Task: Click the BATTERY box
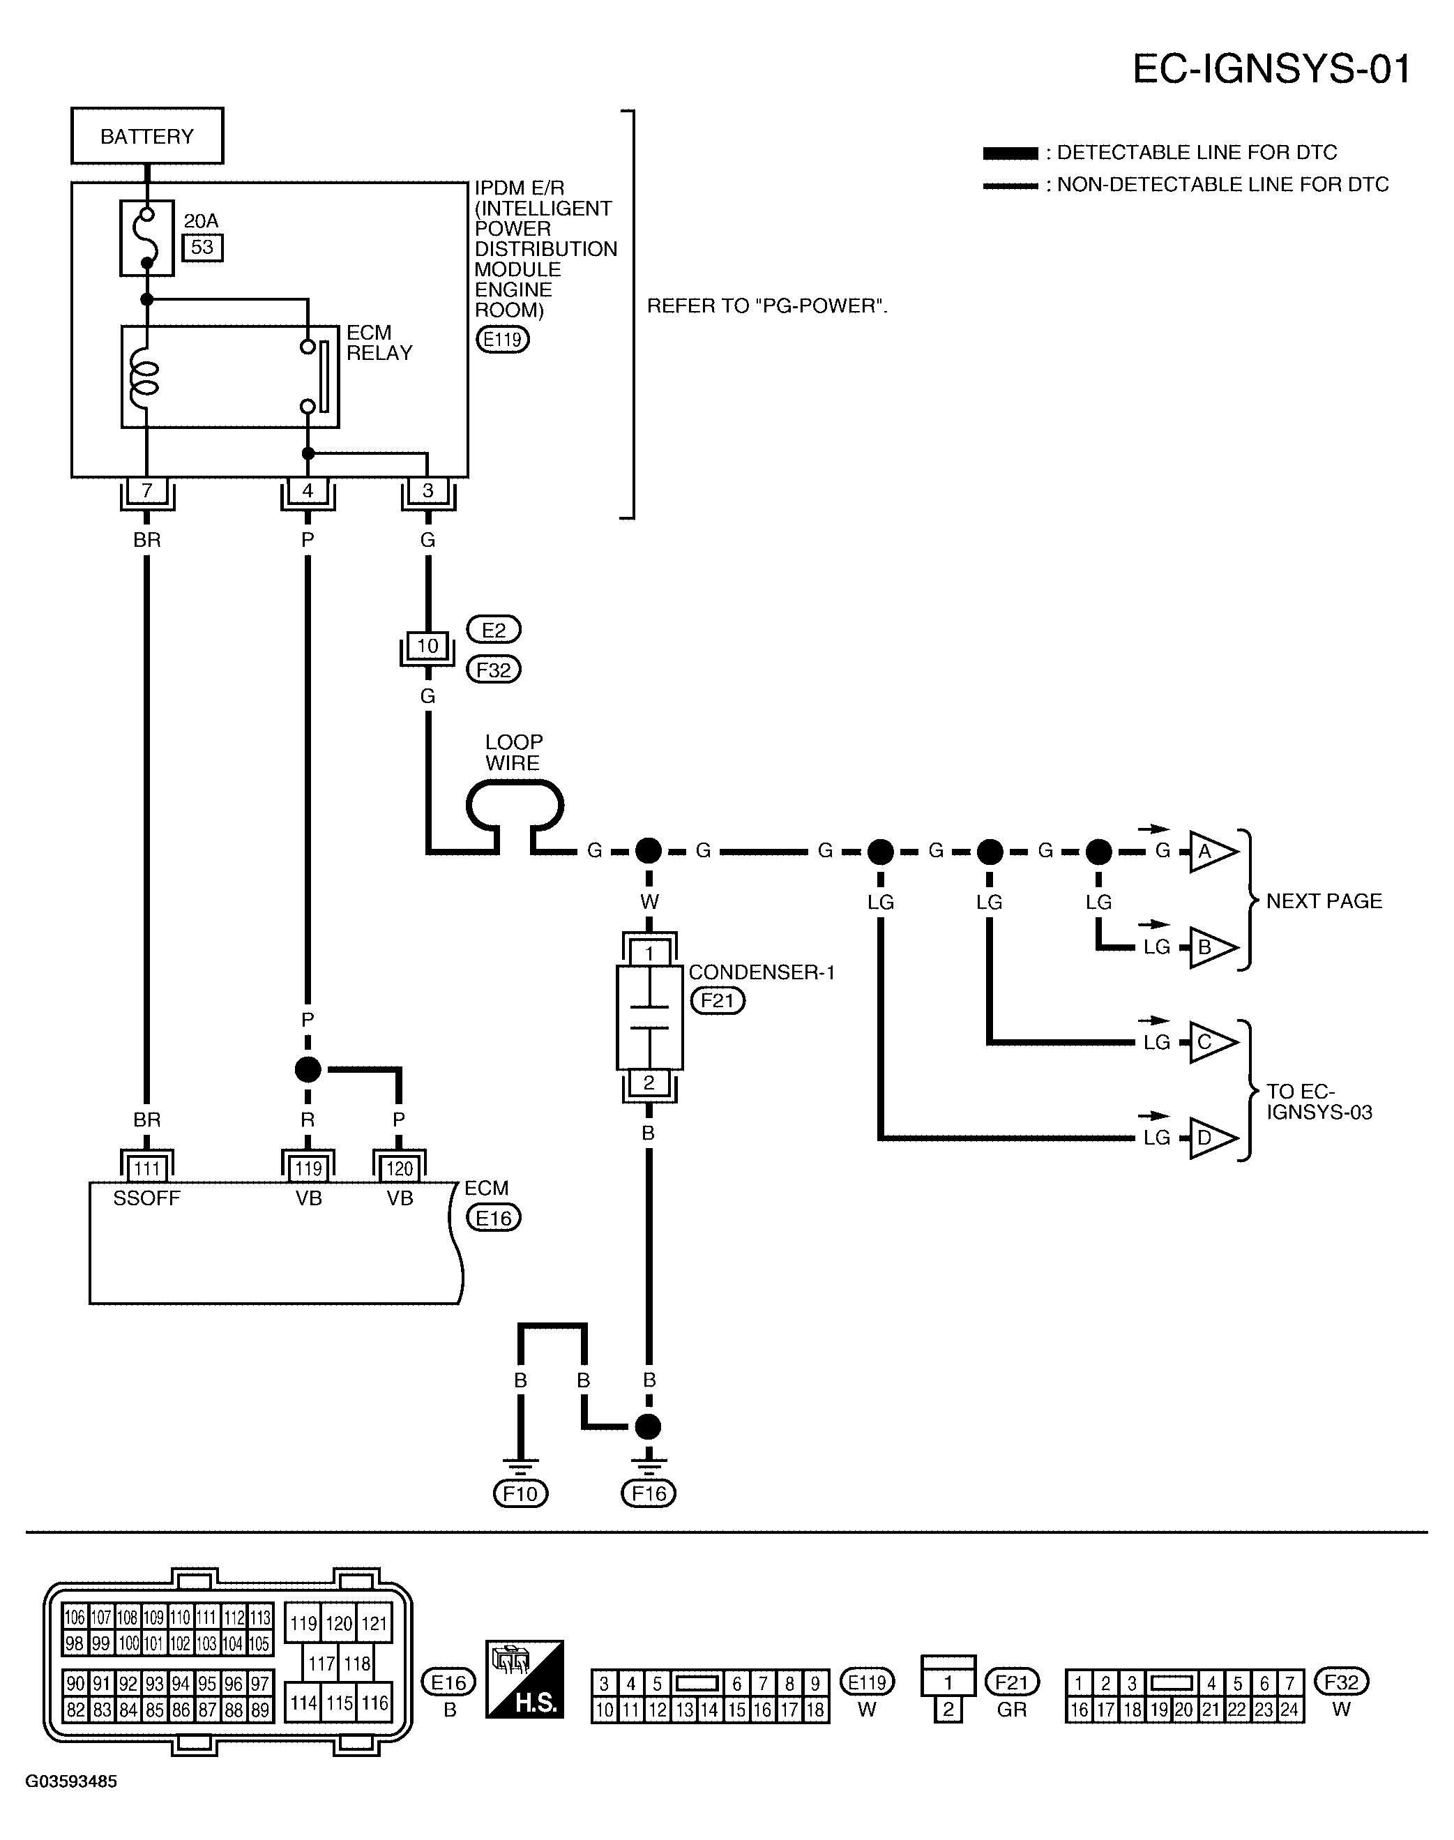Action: [146, 135]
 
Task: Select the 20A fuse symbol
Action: [146, 239]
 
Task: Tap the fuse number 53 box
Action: [203, 247]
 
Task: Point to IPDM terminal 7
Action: [146, 490]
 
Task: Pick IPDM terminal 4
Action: [308, 490]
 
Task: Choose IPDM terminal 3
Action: [427, 490]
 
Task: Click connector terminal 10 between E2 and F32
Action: [427, 645]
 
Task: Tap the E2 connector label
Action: [494, 630]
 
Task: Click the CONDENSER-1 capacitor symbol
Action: [649, 1018]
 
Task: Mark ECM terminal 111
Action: [146, 1168]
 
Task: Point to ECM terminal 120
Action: [400, 1168]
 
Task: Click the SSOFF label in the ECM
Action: [146, 1198]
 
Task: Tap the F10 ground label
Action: [520, 1493]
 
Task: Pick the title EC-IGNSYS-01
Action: [1271, 69]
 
